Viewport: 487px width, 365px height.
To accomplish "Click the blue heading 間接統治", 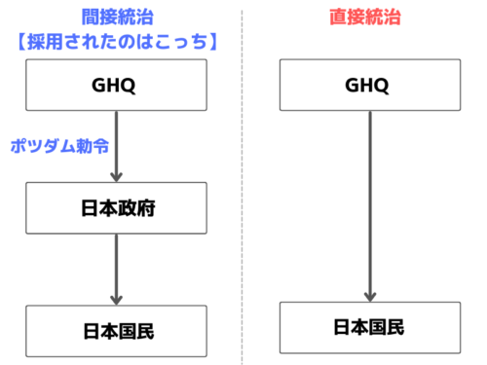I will click(116, 16).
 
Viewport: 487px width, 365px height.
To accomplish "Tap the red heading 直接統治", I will click(368, 17).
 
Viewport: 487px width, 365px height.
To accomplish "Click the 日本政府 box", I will click(116, 207).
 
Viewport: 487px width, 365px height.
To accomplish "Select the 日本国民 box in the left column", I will click(116, 331).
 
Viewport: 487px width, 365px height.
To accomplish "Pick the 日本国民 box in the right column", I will click(368, 327).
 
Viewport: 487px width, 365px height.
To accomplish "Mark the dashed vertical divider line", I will click(242, 185).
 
